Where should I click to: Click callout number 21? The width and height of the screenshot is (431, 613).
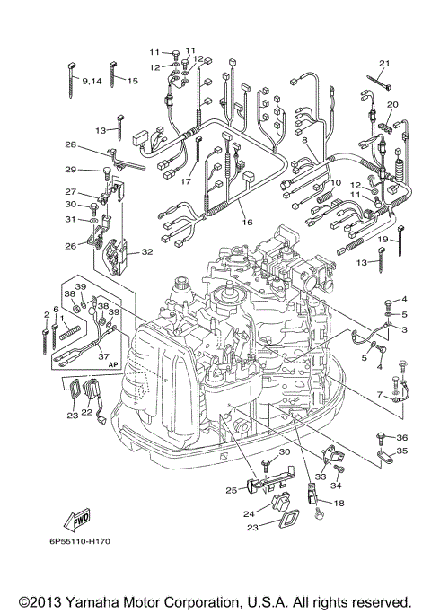point(384,62)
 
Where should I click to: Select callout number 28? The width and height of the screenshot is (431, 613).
point(69,144)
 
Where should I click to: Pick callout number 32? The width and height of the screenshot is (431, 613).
point(147,253)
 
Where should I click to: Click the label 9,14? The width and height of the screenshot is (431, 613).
point(92,81)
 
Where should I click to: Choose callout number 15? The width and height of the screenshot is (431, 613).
point(132,81)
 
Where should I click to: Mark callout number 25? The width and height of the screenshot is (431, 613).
point(232,490)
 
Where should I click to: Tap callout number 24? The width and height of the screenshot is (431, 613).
point(248,513)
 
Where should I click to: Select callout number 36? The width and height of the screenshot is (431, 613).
point(401,437)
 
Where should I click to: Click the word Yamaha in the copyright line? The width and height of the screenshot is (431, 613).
point(110,600)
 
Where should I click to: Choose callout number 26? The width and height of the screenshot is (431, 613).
point(69,245)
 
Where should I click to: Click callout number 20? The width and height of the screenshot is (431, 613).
point(391,105)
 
